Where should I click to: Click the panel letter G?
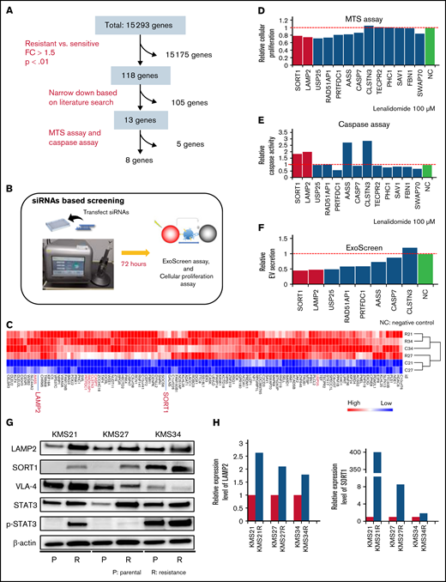coord(8,421)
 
